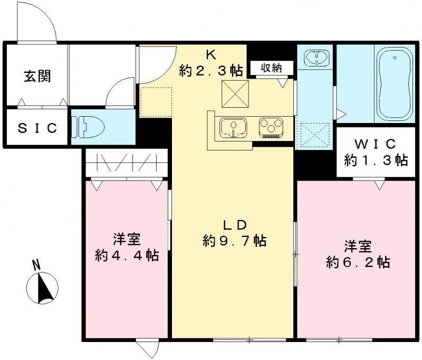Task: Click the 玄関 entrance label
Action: (x=36, y=77)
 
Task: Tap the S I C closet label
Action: (x=37, y=128)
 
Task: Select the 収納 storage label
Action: (x=269, y=67)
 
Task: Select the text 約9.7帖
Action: (x=234, y=241)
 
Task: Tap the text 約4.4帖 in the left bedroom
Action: (x=126, y=255)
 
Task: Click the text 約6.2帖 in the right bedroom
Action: (x=358, y=262)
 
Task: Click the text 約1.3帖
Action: (x=376, y=160)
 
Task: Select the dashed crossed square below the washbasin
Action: (x=314, y=135)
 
